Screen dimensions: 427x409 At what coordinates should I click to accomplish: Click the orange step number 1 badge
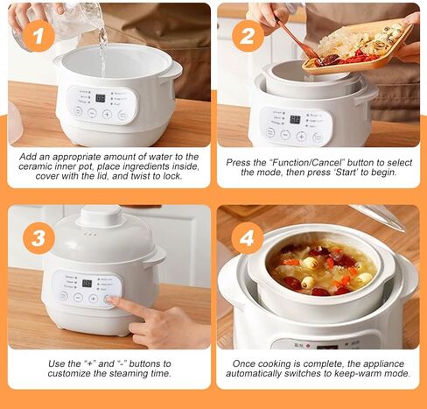(x=38, y=37)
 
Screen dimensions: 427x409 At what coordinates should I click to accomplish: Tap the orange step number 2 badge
(x=248, y=37)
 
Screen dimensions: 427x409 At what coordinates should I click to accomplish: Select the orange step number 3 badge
(x=38, y=238)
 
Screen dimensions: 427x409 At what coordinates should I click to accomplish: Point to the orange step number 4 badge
(x=248, y=238)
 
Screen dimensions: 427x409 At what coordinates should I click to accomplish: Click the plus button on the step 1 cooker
(x=107, y=115)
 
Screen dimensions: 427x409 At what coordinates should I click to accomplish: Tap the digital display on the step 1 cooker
(x=101, y=98)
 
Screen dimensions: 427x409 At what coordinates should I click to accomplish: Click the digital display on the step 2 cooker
(x=295, y=119)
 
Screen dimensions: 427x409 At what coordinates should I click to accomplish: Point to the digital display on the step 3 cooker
(x=87, y=283)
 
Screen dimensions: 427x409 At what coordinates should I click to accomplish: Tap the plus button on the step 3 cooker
(x=93, y=299)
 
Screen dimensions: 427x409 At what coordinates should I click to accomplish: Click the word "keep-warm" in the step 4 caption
(x=361, y=373)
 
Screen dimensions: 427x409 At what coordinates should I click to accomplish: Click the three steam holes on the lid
(x=90, y=235)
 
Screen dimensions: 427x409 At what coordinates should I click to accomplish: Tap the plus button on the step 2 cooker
(x=301, y=136)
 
